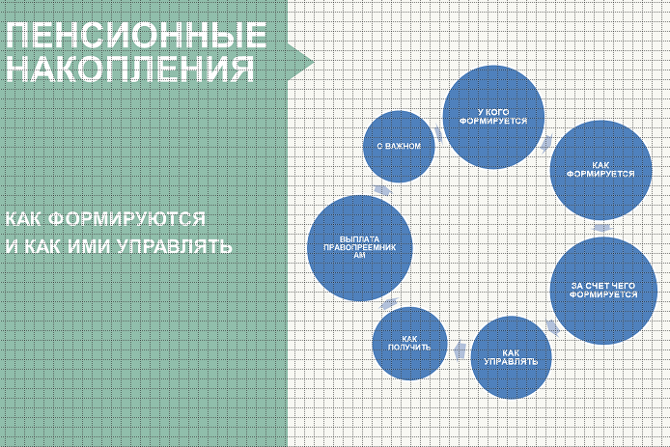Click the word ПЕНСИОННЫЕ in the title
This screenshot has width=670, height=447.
135,37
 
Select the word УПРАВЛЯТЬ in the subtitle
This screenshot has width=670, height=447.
174,247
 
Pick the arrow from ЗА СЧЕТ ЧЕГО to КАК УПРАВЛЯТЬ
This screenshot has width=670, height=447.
552,325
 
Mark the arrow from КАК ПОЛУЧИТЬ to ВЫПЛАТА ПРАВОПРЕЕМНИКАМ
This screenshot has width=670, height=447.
386,303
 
